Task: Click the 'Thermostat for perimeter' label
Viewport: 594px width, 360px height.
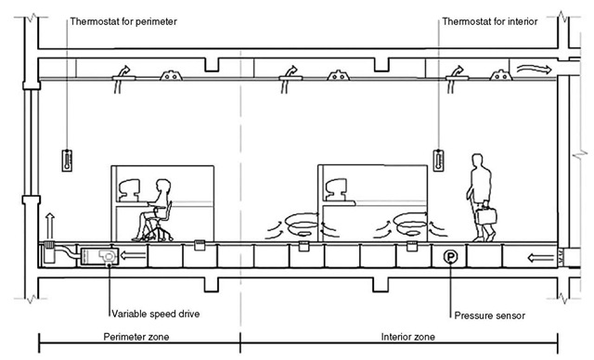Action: (123, 21)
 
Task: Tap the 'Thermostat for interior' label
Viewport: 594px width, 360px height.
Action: (490, 21)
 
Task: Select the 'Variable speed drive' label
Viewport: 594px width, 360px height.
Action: (156, 314)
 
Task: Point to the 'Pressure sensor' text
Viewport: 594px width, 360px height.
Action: (489, 315)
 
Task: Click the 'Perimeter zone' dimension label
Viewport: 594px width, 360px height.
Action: (136, 337)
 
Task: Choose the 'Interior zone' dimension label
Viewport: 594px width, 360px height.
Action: (408, 337)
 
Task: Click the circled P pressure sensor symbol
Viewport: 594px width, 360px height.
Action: (450, 257)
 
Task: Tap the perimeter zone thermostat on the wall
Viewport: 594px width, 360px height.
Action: (67, 161)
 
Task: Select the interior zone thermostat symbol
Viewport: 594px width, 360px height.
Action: (438, 161)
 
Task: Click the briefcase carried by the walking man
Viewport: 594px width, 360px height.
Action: (486, 214)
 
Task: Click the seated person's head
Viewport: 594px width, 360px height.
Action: (163, 186)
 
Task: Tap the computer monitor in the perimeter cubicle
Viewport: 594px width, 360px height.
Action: (129, 189)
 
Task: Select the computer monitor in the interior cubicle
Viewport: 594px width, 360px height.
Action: (336, 189)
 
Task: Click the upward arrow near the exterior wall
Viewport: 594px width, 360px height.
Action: (50, 225)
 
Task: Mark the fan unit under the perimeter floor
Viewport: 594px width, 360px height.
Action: (99, 257)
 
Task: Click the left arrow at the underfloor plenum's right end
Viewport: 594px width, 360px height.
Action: (540, 258)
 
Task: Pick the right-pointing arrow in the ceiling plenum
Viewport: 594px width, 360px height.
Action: (535, 69)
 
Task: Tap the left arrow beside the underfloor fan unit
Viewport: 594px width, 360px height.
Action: (133, 256)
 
